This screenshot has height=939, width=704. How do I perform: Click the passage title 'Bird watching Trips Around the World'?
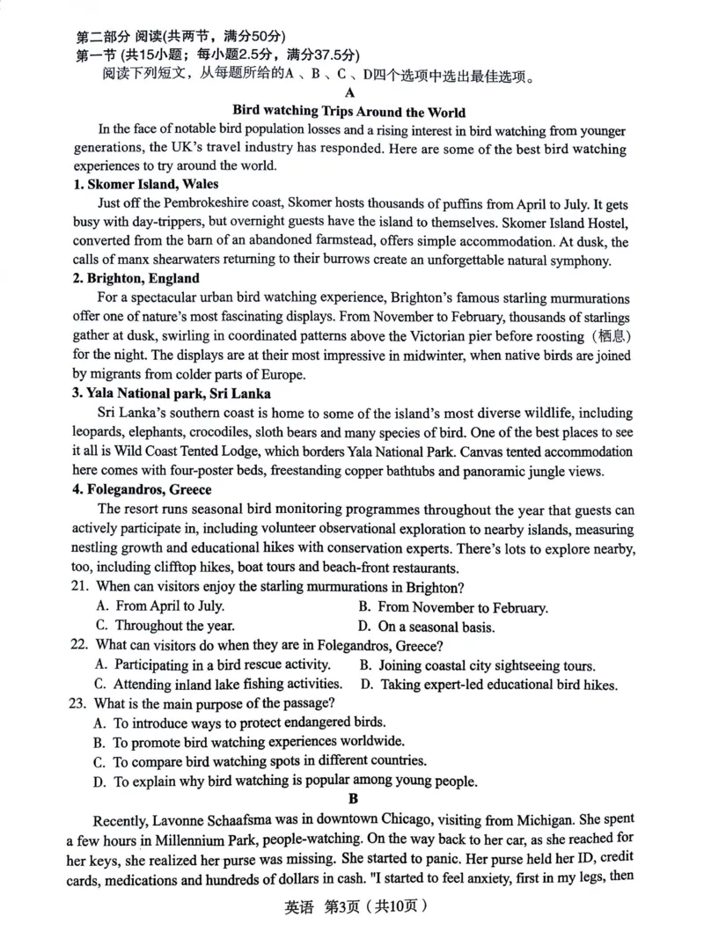click(x=348, y=112)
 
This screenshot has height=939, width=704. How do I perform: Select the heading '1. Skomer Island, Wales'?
click(x=146, y=184)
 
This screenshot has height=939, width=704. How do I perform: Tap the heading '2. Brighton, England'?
click(x=136, y=278)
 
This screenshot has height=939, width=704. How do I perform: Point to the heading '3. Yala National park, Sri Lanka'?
click(x=172, y=393)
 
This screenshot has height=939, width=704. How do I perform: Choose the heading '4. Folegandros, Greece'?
click(x=143, y=489)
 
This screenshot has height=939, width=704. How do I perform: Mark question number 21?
click(x=79, y=587)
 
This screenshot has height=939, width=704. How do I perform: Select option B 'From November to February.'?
click(x=453, y=607)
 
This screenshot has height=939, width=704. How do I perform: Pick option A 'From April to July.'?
click(x=160, y=605)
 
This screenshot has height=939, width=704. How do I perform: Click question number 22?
click(x=79, y=645)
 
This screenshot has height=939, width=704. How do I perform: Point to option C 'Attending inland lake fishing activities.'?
click(x=217, y=684)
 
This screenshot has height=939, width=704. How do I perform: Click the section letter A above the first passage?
click(x=350, y=93)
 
